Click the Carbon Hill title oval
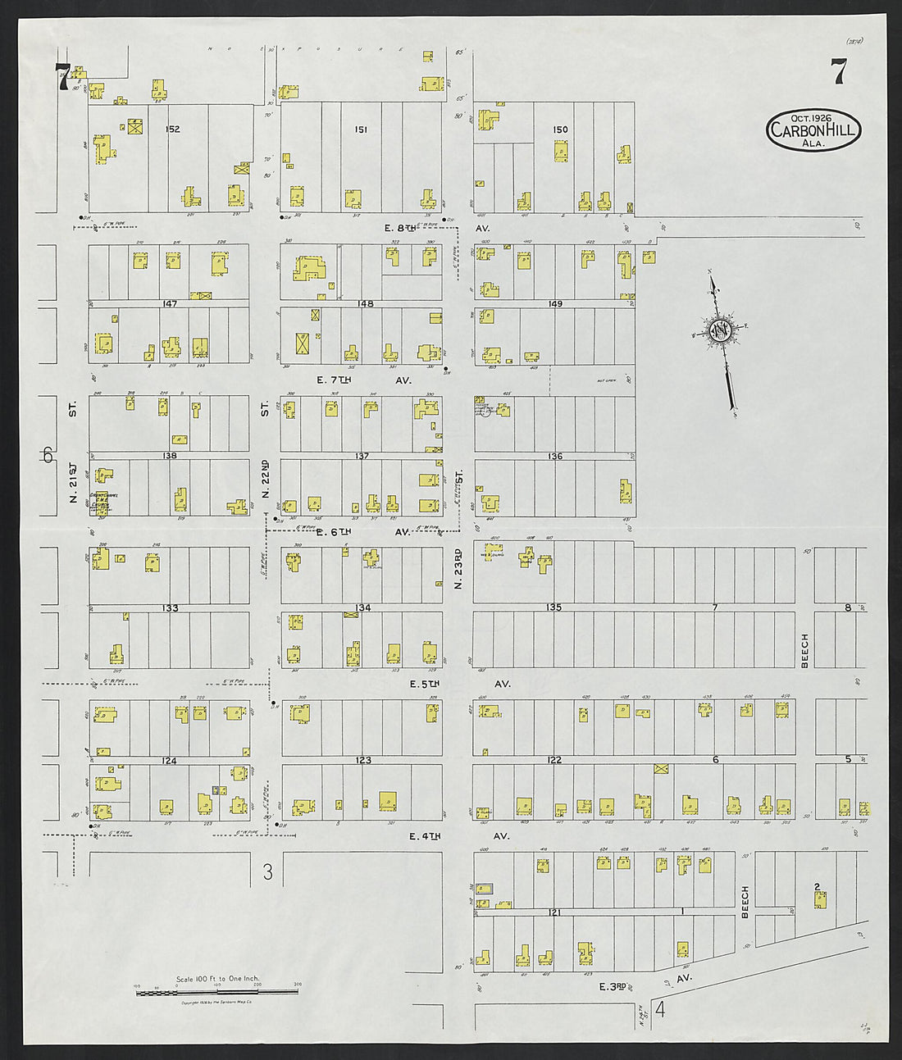813,130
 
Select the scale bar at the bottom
216,991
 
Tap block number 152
172,130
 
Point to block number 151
361,130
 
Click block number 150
560,130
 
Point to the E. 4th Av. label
426,836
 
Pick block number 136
555,457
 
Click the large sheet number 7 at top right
838,72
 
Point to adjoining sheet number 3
267,871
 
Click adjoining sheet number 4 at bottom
660,1009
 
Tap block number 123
363,761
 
